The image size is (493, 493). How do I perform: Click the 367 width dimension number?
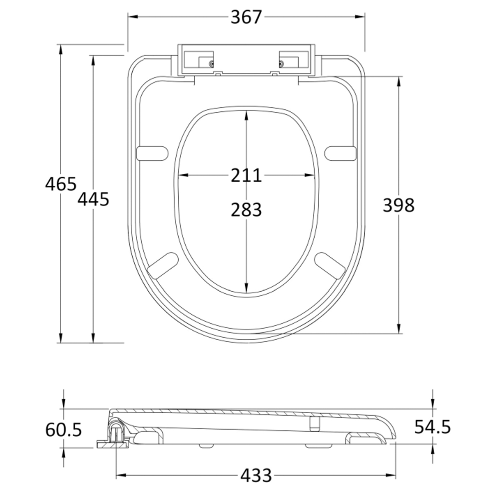(246, 17)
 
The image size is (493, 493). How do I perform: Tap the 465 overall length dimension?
(61, 184)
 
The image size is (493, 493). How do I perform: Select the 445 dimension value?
(93, 199)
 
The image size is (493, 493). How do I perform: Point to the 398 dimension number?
(399, 205)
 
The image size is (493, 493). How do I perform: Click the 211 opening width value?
(246, 175)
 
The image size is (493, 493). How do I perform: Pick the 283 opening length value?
(246, 210)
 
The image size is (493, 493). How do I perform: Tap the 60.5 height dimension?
(63, 430)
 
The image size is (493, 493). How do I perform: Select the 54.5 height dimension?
(432, 427)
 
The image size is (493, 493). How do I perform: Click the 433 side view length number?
(256, 475)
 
